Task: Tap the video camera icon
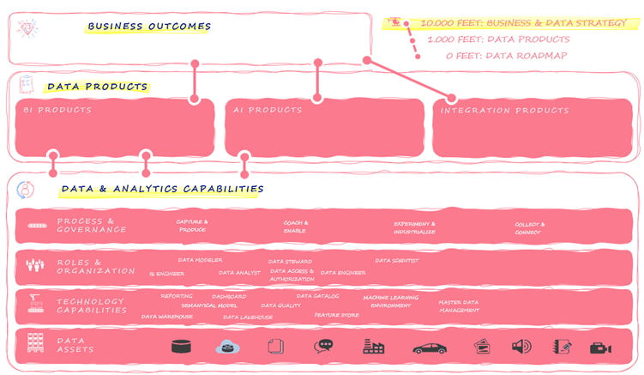click(x=600, y=348)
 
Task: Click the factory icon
click(x=373, y=347)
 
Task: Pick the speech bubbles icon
click(x=324, y=347)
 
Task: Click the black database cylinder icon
click(x=180, y=347)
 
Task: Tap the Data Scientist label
click(x=396, y=260)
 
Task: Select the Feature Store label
click(x=336, y=315)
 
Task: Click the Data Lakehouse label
click(x=248, y=317)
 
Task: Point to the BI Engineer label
click(x=166, y=274)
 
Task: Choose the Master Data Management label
click(x=459, y=306)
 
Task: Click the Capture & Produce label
click(x=192, y=226)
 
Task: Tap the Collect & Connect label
click(x=527, y=229)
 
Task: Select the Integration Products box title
click(x=504, y=111)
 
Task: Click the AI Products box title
click(x=268, y=110)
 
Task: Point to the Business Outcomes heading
click(x=149, y=27)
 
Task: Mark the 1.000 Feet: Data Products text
click(x=498, y=39)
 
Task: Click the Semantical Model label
click(x=209, y=305)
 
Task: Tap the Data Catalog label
click(x=317, y=296)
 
